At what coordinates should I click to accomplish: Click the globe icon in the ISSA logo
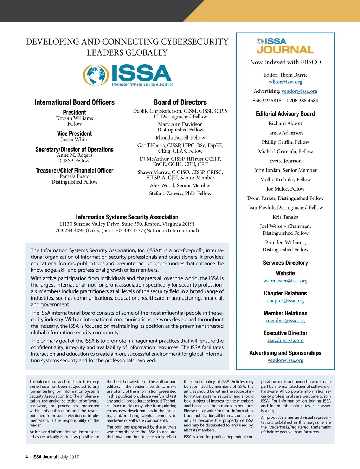click(x=96, y=75)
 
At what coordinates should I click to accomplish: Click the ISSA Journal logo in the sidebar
click(x=285, y=46)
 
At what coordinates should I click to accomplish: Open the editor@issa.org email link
click(x=285, y=82)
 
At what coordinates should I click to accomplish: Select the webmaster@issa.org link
click(x=285, y=281)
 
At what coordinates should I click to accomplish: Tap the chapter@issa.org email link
click(x=285, y=301)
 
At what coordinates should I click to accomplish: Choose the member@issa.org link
click(x=285, y=320)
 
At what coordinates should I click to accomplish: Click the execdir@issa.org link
click(x=285, y=340)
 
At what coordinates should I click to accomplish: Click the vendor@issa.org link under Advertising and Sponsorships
click(x=285, y=360)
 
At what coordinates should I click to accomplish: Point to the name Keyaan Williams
click(x=75, y=118)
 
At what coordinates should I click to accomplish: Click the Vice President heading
click(x=75, y=134)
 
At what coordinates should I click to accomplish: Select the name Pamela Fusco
click(x=75, y=176)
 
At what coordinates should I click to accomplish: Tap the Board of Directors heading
click(x=180, y=102)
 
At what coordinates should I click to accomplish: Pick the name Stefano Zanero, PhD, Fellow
click(x=180, y=193)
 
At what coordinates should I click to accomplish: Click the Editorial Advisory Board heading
click(x=285, y=114)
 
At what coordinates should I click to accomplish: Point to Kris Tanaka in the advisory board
click(x=285, y=217)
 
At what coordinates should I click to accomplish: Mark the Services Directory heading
click(x=285, y=263)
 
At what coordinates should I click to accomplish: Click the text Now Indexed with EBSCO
click(x=285, y=62)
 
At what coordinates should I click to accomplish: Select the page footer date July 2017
click(x=70, y=457)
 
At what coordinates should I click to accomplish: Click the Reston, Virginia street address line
click(x=127, y=224)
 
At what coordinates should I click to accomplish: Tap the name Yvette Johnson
click(x=285, y=161)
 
